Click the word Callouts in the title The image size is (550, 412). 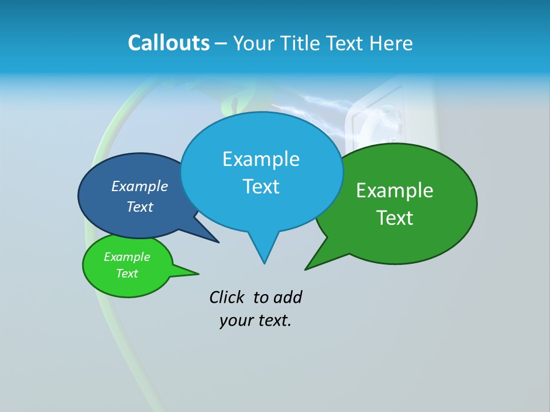[x=168, y=43]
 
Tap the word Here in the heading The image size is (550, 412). [x=390, y=43]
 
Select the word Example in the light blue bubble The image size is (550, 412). [x=261, y=159]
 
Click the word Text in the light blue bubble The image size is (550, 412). [x=261, y=187]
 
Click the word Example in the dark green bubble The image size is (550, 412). [x=395, y=191]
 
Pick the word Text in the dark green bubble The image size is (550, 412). [x=395, y=218]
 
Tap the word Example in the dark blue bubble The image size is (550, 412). [x=139, y=186]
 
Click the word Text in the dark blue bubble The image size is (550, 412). [x=139, y=207]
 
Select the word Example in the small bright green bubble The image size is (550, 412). [x=127, y=257]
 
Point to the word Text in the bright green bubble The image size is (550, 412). [x=127, y=274]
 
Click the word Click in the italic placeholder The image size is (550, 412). [x=227, y=297]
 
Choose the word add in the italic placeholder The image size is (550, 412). [x=288, y=297]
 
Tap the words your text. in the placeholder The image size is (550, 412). [x=256, y=320]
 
